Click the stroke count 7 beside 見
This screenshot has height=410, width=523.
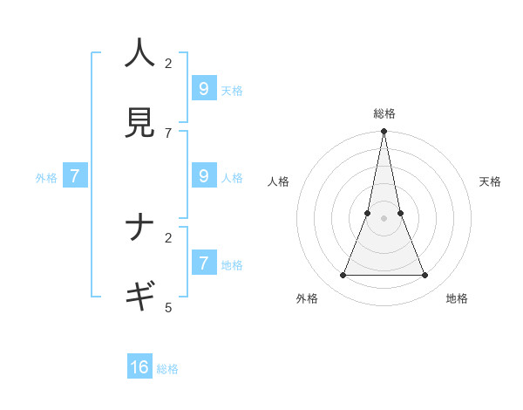pyautogui.click(x=168, y=133)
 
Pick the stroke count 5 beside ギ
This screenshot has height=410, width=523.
pyautogui.click(x=168, y=307)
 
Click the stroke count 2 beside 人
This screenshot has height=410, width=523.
pyautogui.click(x=168, y=63)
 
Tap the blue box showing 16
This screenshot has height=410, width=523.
pyautogui.click(x=139, y=367)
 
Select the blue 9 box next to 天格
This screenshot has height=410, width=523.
pyautogui.click(x=204, y=88)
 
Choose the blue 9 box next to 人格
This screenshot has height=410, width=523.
pyautogui.click(x=204, y=175)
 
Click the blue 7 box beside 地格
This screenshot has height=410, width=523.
pyautogui.click(x=204, y=262)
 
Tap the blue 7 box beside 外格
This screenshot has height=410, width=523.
pyautogui.click(x=75, y=176)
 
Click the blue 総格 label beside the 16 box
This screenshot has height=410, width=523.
pyautogui.click(x=167, y=369)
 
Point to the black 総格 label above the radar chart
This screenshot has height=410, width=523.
pyautogui.click(x=384, y=113)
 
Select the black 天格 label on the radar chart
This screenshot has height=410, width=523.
pyautogui.click(x=490, y=181)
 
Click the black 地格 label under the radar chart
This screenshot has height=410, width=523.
pyautogui.click(x=457, y=298)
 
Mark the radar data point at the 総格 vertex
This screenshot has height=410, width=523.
pyautogui.click(x=384, y=132)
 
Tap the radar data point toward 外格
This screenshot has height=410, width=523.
pyautogui.click(x=343, y=276)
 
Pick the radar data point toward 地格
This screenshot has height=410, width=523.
pyautogui.click(x=425, y=276)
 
